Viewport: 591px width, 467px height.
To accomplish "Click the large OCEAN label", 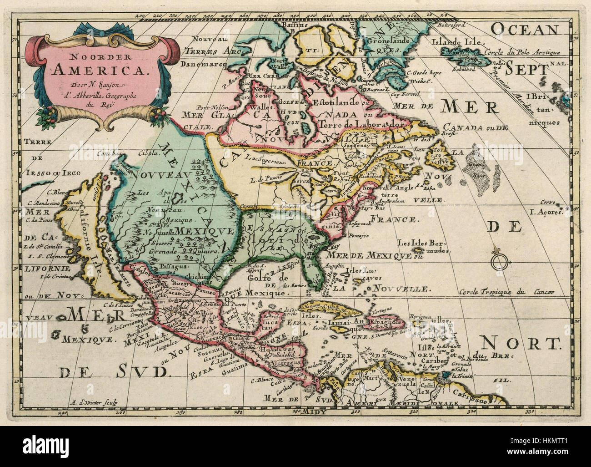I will [x=524, y=30].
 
